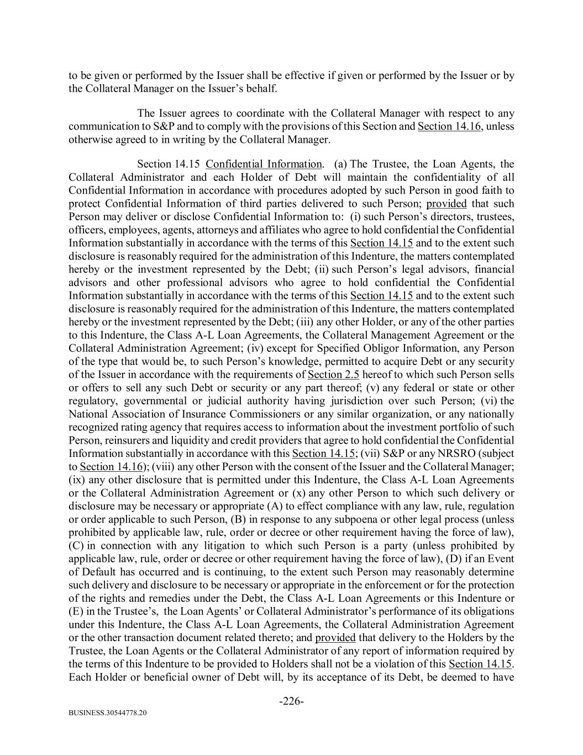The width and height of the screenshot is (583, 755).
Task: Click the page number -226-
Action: [291, 701]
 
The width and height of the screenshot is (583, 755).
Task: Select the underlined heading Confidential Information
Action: [264, 164]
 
